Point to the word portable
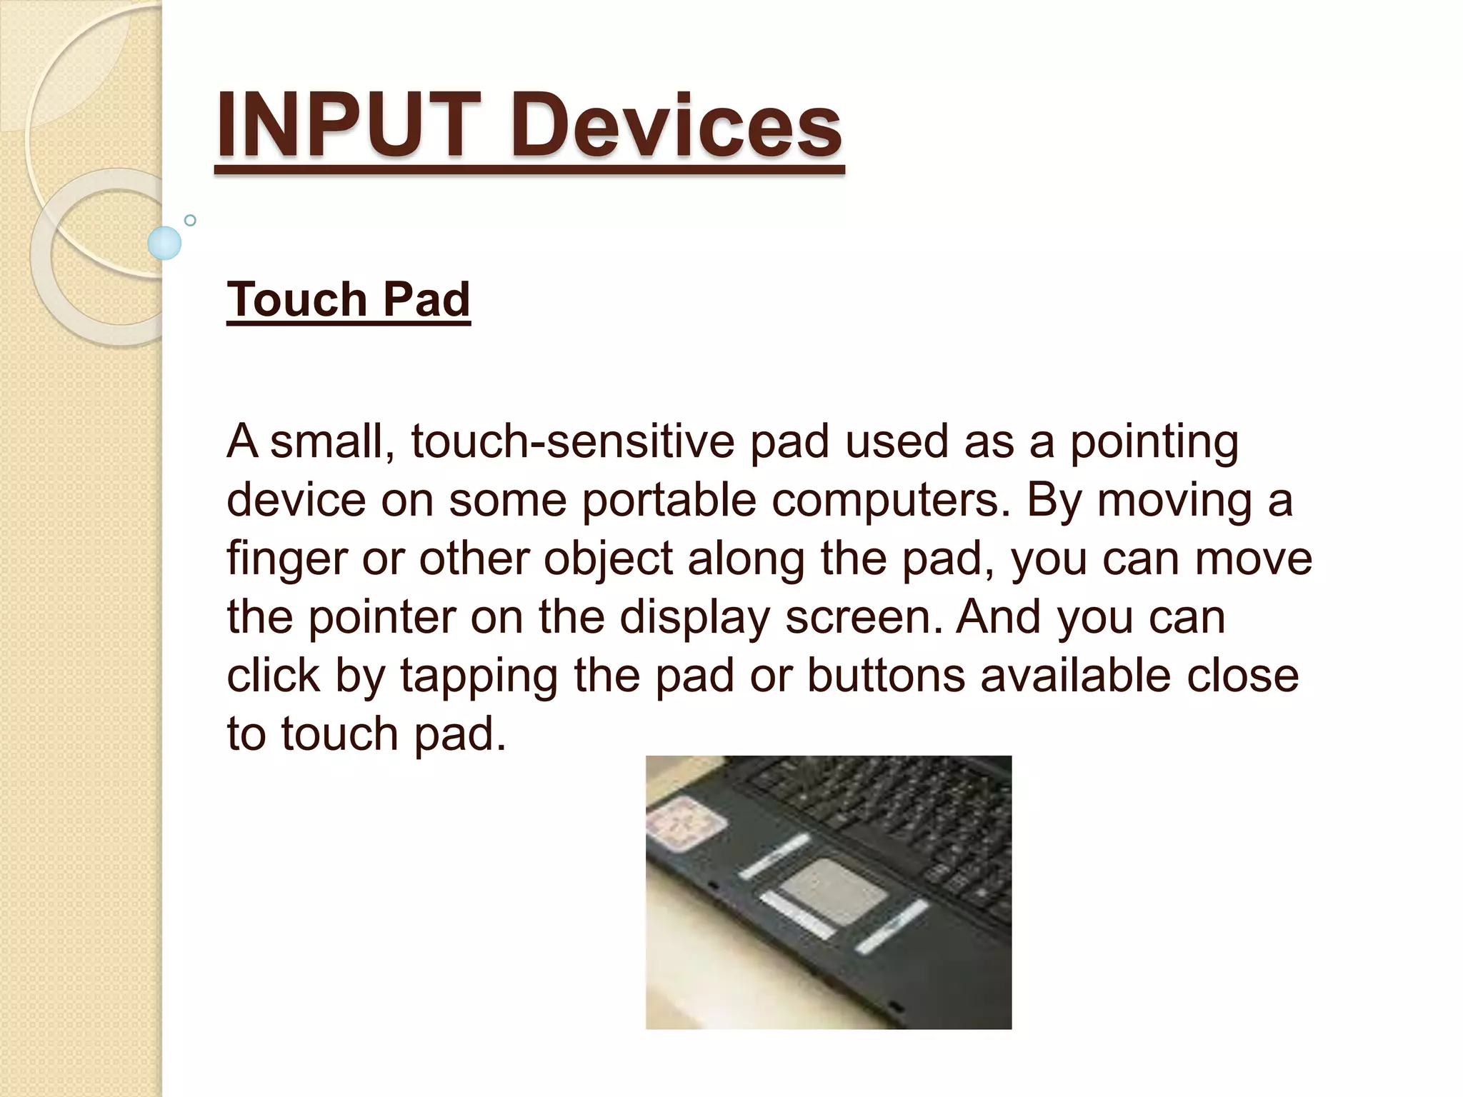click(x=669, y=500)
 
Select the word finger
click(x=286, y=558)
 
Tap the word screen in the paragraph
click(x=864, y=617)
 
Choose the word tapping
click(x=479, y=676)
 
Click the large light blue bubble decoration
click(x=164, y=243)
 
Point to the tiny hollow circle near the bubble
click(x=190, y=220)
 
